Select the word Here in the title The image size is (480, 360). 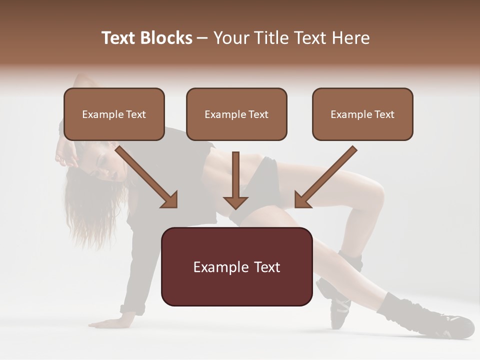[x=352, y=38]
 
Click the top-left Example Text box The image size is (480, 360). [x=114, y=114]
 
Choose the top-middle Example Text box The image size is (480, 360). [x=236, y=114]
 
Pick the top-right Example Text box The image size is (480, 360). [x=362, y=114]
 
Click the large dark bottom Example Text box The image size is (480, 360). [x=236, y=266]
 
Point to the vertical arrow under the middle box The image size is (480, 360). [x=235, y=180]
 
